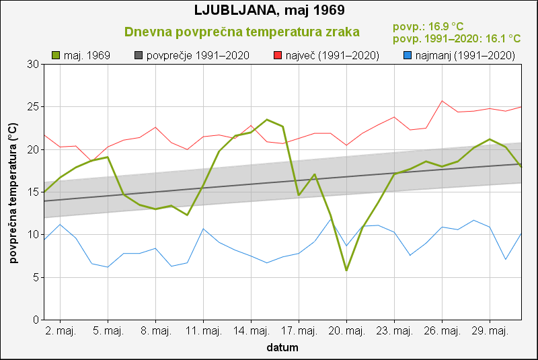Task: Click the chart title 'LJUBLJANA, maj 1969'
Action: pyautogui.click(x=268, y=11)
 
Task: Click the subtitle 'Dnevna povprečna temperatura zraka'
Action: pyautogui.click(x=242, y=32)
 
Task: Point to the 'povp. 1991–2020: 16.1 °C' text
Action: pyautogui.click(x=457, y=39)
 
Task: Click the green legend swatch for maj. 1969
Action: pyautogui.click(x=56, y=55)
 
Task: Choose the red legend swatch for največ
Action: pyautogui.click(x=278, y=55)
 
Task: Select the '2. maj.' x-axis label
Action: pyautogui.click(x=60, y=331)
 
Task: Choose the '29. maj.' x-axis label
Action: pyautogui.click(x=490, y=331)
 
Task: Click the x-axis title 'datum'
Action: pyautogui.click(x=282, y=348)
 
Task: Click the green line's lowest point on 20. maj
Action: pyautogui.click(x=346, y=271)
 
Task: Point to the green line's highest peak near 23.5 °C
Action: pyautogui.click(x=267, y=120)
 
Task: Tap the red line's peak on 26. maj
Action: pyautogui.click(x=442, y=101)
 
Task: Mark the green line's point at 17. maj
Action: pyautogui.click(x=299, y=195)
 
